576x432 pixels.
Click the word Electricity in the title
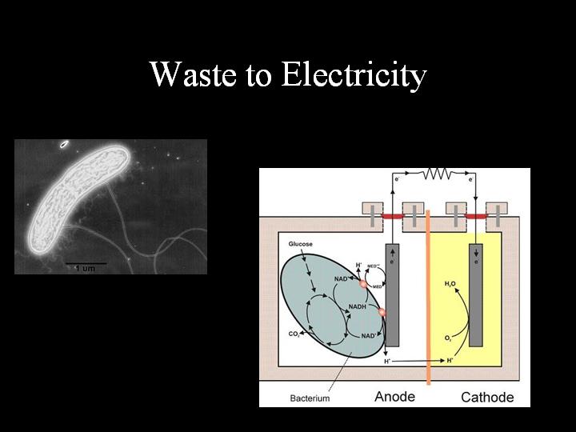(x=353, y=75)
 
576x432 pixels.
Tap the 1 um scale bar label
(x=84, y=268)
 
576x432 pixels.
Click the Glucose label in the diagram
(x=301, y=243)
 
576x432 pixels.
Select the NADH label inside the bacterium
(x=357, y=306)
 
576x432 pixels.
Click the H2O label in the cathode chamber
(x=450, y=284)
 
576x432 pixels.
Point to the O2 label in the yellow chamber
(x=448, y=338)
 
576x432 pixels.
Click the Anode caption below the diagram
(x=394, y=397)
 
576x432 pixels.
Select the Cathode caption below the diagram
(x=487, y=397)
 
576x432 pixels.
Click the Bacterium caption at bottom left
(x=310, y=398)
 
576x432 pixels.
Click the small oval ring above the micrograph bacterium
(x=63, y=145)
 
